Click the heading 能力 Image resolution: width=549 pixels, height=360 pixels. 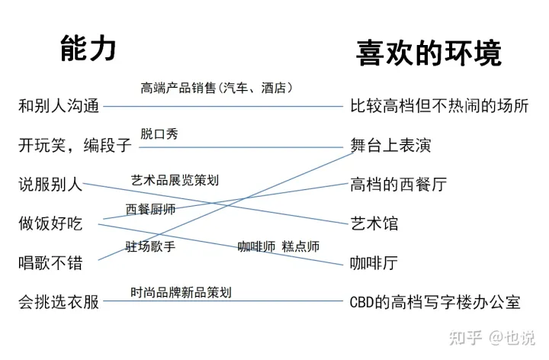(88, 48)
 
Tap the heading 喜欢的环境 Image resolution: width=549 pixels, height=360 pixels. (429, 53)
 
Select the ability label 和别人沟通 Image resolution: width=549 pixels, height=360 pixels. (59, 106)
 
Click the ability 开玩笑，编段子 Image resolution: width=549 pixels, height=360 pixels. (75, 146)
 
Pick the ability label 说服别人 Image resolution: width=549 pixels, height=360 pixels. (50, 185)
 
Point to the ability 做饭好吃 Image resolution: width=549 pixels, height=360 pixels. (50, 223)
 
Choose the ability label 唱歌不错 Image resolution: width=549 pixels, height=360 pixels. (50, 262)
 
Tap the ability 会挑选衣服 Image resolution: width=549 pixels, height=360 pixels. (59, 302)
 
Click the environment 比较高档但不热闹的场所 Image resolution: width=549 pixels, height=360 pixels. (439, 106)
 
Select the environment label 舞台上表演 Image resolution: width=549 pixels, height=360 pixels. (390, 146)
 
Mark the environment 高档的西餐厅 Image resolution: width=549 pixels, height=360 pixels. (399, 185)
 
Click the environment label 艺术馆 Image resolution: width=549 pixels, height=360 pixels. (374, 223)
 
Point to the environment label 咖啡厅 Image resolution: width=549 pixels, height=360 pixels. (374, 262)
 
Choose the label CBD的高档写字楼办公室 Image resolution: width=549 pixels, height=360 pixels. (435, 302)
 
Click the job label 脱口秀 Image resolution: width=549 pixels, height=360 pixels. (159, 133)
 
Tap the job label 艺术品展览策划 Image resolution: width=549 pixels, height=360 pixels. (175, 180)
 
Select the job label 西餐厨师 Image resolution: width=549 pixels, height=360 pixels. (150, 210)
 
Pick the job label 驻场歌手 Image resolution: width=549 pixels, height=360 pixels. (150, 246)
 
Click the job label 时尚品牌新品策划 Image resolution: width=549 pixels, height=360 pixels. (181, 292)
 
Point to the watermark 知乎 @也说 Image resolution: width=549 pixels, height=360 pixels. (492, 338)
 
